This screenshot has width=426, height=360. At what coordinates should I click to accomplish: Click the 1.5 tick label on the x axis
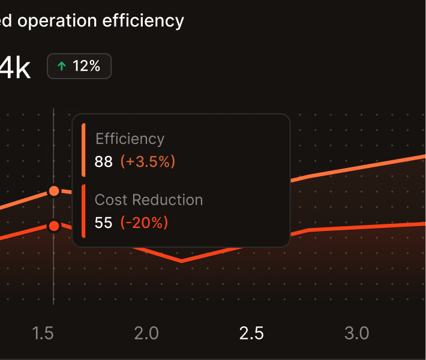point(43,333)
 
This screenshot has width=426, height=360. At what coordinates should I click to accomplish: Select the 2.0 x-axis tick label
point(146,333)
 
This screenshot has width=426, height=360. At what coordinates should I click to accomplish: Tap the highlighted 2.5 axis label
point(251,333)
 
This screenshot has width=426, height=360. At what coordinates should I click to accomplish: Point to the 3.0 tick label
point(356,333)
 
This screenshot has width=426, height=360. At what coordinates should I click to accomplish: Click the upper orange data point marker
point(54,191)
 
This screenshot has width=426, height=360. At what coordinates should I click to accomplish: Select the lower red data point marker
point(54,226)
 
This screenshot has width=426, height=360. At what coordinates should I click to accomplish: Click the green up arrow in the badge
point(61,66)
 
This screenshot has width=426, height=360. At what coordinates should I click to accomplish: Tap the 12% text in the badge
point(86,66)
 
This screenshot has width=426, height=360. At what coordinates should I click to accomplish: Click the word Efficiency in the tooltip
point(130,139)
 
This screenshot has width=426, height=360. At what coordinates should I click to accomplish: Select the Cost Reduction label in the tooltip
point(149,200)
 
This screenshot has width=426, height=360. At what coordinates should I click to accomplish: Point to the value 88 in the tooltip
point(104,161)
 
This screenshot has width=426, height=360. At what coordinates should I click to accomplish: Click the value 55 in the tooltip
point(104,223)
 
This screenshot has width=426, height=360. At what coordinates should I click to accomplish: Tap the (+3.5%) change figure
point(148,161)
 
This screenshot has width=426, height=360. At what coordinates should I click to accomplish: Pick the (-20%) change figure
point(145,223)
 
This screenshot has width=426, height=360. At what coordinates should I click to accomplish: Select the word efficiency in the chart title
point(144,21)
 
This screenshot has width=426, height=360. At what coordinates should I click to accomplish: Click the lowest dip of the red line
point(181,261)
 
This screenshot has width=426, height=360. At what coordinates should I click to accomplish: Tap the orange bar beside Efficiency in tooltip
point(83,150)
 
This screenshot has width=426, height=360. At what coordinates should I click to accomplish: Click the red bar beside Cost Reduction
point(83,211)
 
